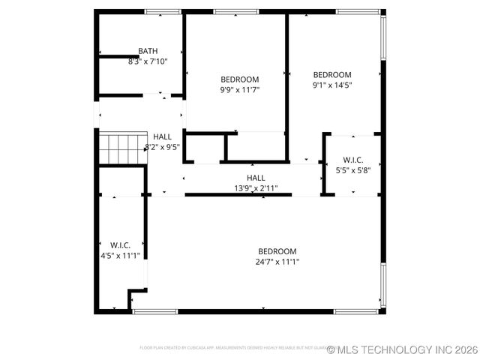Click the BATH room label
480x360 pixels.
[148, 52]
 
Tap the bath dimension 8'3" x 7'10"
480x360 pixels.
[148, 61]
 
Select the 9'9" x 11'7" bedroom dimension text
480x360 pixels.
[239, 89]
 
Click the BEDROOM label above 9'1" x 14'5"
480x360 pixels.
[331, 75]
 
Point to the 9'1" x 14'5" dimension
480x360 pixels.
[331, 85]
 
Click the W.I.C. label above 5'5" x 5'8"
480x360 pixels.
[353, 160]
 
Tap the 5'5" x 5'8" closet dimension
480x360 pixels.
[353, 169]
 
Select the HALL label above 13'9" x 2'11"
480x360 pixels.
[256, 178]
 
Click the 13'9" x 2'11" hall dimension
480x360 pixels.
[256, 187]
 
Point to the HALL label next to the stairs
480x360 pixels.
[162, 137]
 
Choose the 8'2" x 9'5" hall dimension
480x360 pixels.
[162, 147]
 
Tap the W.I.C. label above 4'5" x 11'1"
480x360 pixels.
[120, 245]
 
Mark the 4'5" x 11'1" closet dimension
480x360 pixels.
[120, 255]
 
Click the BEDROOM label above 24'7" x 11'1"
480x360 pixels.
[277, 252]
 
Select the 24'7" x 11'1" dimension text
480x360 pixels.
[277, 262]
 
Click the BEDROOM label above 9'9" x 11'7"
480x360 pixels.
[239, 79]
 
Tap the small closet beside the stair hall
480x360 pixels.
[204, 148]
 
